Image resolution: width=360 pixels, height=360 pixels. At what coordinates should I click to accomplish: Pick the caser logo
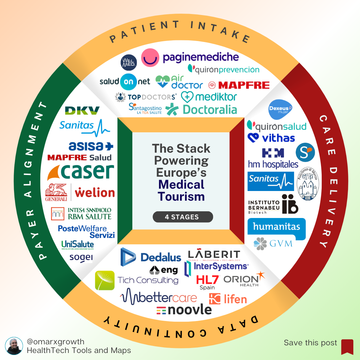click(81, 172)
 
